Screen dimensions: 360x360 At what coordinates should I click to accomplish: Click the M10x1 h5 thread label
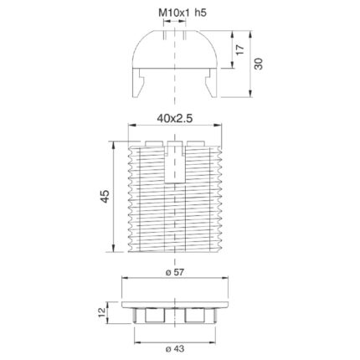coord(183,13)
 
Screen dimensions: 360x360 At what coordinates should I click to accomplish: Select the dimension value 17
coord(239,49)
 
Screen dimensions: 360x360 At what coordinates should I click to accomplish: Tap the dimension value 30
coord(259,64)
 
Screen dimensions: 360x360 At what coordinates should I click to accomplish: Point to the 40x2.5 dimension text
coord(175,119)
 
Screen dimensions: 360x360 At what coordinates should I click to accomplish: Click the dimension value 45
coord(105,197)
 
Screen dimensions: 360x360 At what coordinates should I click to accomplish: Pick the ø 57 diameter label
coord(175,272)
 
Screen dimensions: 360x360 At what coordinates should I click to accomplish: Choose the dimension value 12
coord(102,312)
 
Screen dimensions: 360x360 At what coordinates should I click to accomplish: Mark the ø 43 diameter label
coord(175,349)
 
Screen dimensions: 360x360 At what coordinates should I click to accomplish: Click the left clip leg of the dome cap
coord(138,83)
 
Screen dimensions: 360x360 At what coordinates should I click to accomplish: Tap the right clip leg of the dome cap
coord(211,83)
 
